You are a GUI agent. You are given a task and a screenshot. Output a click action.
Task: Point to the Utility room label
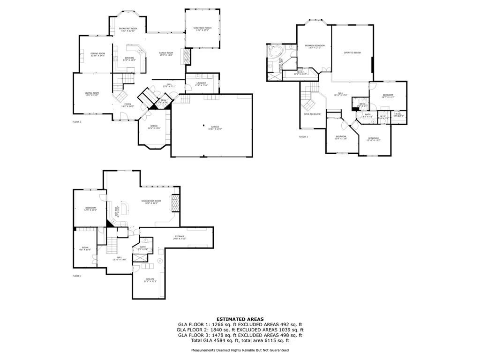pyautogui.click(x=150, y=280)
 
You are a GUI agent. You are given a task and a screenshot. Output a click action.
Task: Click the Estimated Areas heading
pyautogui.click(x=240, y=319)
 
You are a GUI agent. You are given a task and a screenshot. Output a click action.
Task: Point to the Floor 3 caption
pyautogui.click(x=303, y=137)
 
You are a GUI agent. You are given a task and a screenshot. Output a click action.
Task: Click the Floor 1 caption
pyautogui.click(x=77, y=276)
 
